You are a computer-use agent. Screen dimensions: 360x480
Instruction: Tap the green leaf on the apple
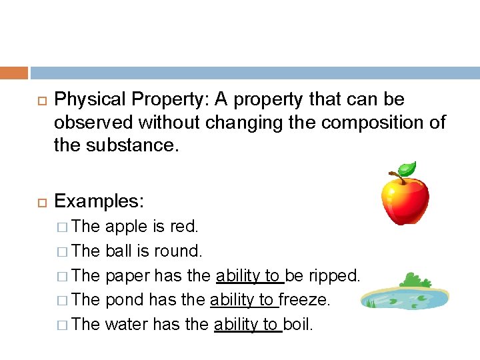(406, 169)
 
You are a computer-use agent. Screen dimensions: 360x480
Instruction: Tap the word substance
(136, 145)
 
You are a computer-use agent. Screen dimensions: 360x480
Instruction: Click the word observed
(93, 123)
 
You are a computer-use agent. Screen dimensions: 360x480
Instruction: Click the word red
(184, 227)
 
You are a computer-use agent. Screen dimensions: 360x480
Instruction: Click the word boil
(298, 325)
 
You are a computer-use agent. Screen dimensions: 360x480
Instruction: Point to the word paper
(127, 276)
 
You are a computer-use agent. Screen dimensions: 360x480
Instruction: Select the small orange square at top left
(14, 73)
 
